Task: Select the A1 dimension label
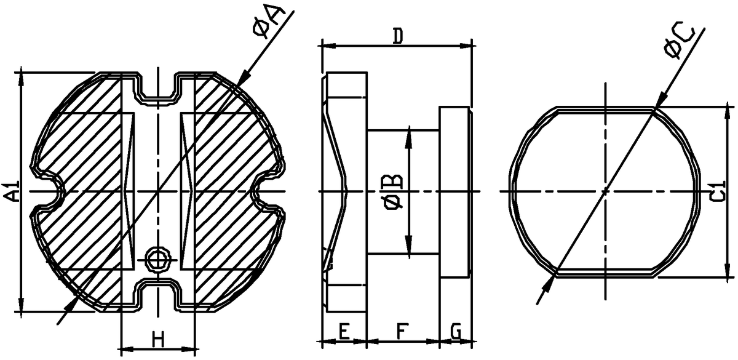coord(11,191)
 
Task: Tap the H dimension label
coord(159,340)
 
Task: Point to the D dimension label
coord(399,36)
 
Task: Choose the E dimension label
coord(344,331)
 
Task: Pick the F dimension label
coord(402,331)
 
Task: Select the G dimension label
coord(456,331)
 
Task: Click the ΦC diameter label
coord(679,42)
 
